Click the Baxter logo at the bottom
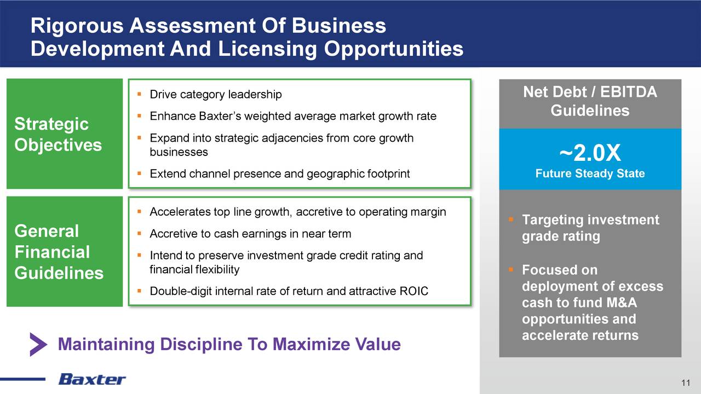[x=92, y=379]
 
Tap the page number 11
[x=685, y=383]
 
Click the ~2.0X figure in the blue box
[x=590, y=153]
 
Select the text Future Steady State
[x=590, y=173]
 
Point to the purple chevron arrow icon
[x=38, y=344]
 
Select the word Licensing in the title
[x=267, y=49]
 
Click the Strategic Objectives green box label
[x=58, y=134]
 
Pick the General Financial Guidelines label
[x=59, y=252]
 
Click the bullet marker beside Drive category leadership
[x=139, y=94]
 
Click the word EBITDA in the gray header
[x=628, y=92]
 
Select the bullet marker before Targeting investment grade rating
[x=511, y=219]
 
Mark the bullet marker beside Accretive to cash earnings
[x=139, y=234]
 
